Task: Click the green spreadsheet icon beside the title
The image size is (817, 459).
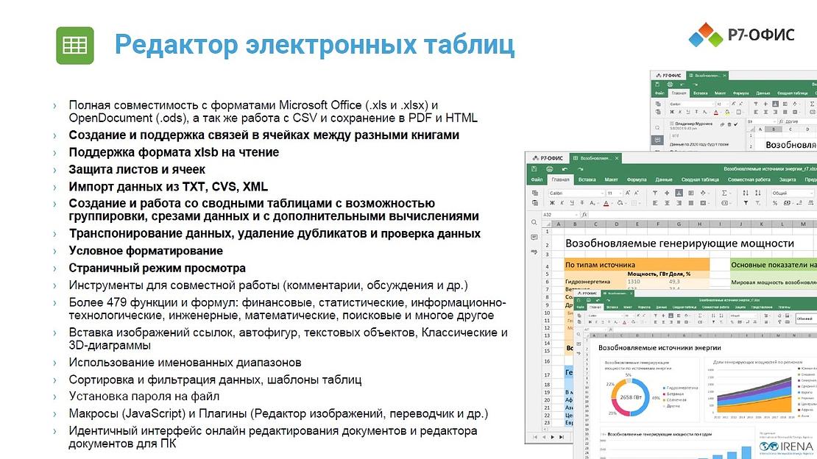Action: tap(75, 46)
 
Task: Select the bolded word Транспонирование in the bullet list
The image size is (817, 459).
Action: tap(124, 234)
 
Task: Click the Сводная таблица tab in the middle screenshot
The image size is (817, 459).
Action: tap(700, 179)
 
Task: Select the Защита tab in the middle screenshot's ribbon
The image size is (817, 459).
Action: tap(787, 179)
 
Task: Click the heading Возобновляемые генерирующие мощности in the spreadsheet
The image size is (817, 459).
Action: tap(679, 243)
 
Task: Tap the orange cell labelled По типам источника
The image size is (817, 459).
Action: tap(601, 265)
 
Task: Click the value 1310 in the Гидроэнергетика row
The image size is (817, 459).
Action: tap(634, 281)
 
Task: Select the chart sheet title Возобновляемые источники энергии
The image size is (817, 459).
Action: tap(658, 347)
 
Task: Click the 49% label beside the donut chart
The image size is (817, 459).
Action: tap(655, 397)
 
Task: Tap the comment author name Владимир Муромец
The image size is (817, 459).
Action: tap(694, 124)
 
